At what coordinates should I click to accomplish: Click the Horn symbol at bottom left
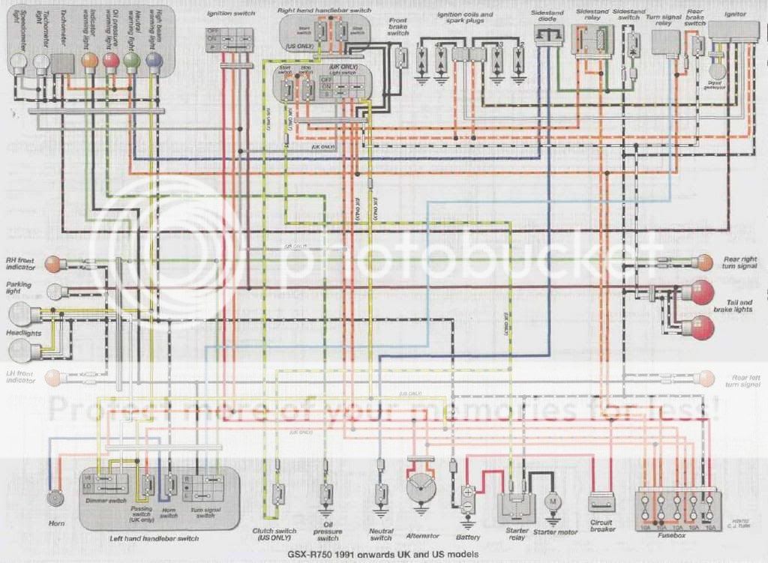coord(54,498)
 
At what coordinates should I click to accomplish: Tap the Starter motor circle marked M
coord(553,499)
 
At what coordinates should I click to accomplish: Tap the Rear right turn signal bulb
coord(704,262)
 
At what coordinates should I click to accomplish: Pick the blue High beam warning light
coord(153,61)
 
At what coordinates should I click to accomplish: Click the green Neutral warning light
coord(132,61)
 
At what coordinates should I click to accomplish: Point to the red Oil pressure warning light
coord(111,61)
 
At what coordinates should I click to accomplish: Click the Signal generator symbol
coord(717,70)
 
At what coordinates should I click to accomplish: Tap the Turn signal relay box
coord(664,44)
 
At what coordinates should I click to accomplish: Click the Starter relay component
coord(515,502)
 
